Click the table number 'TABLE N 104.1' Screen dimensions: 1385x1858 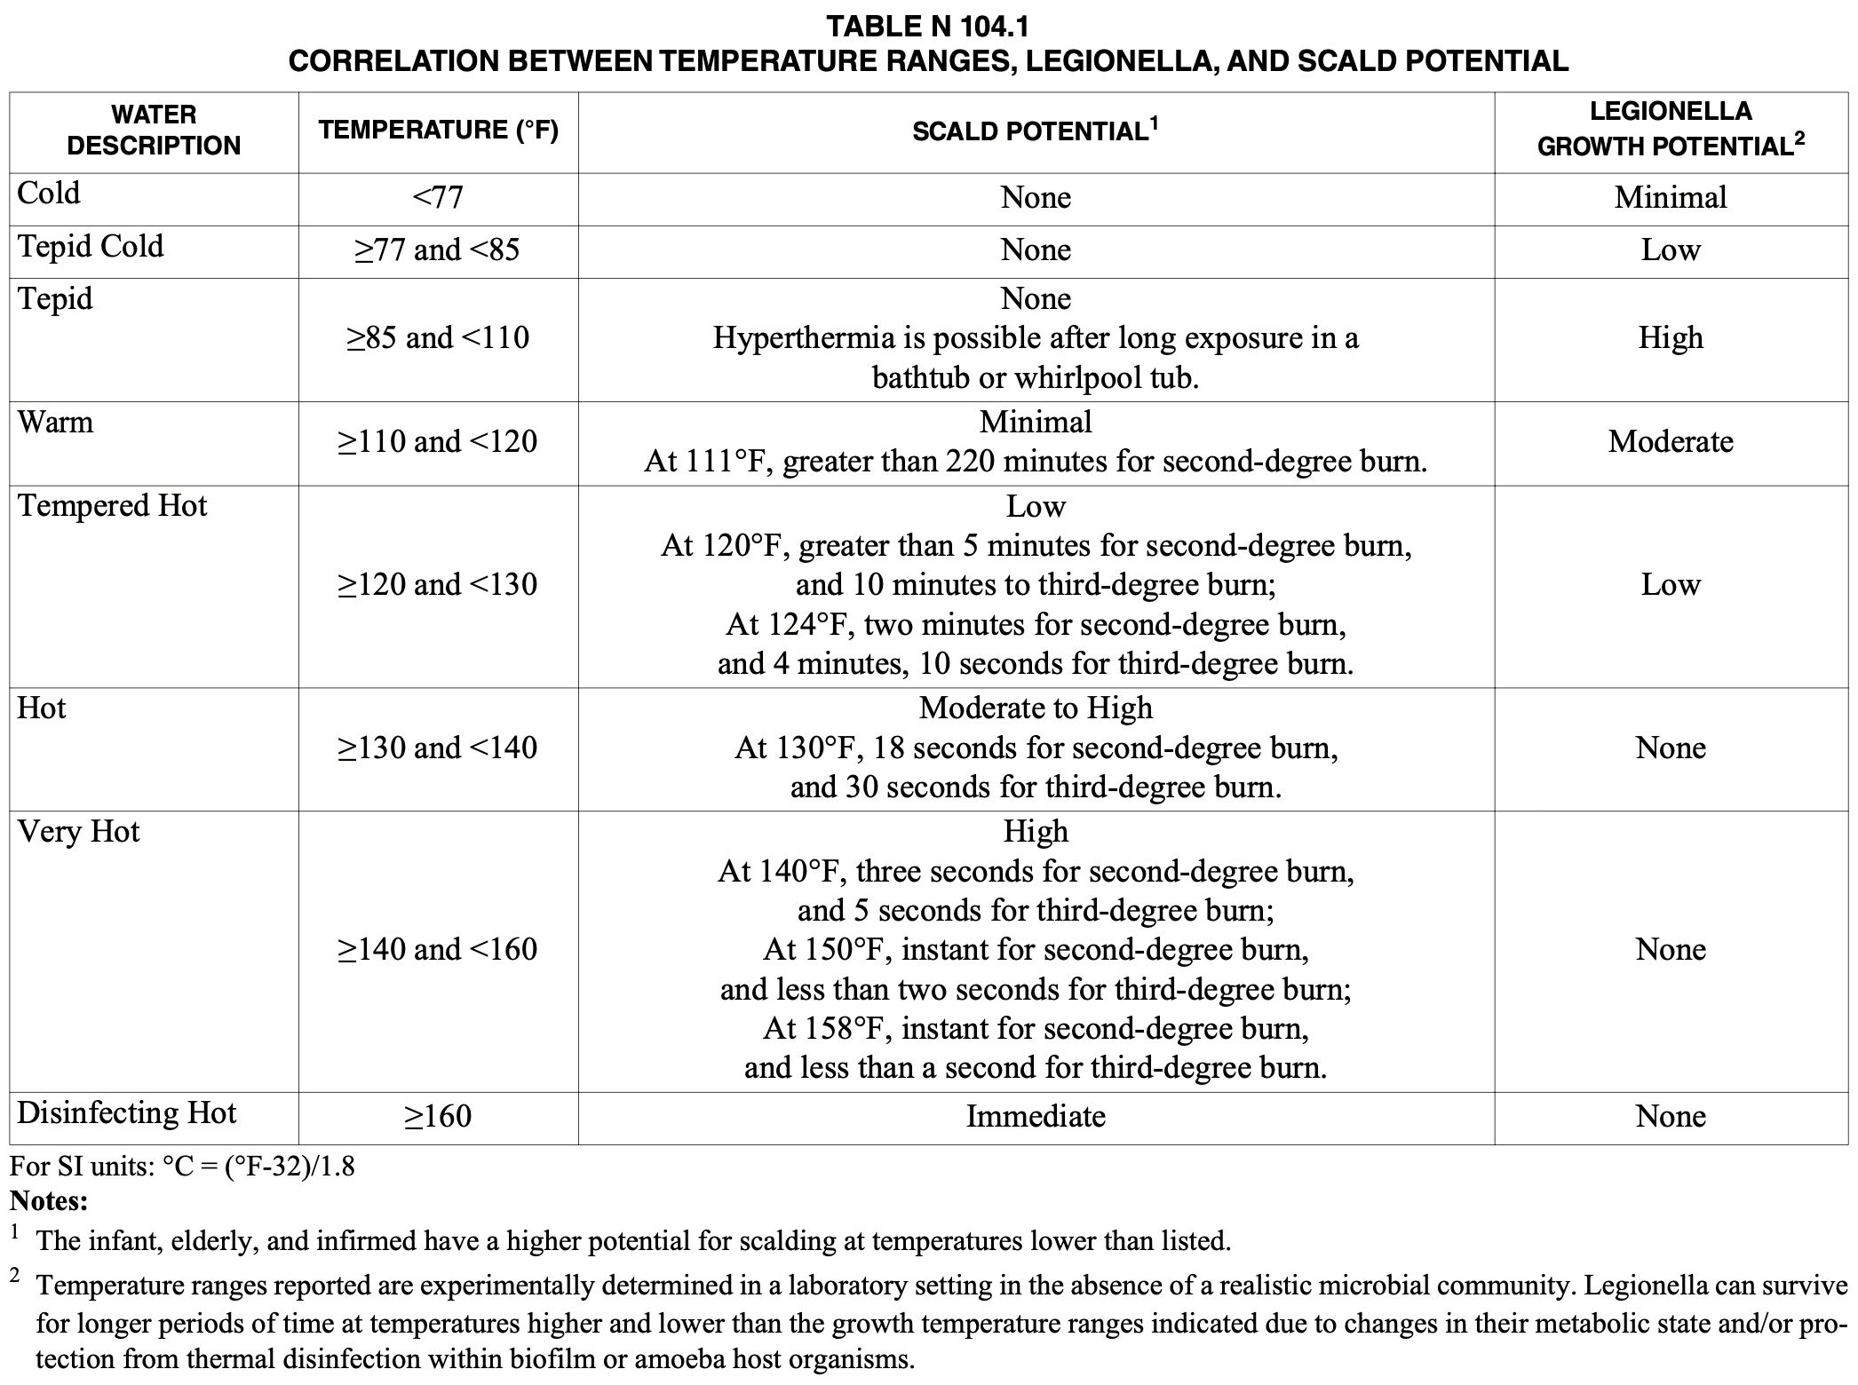pyautogui.click(x=928, y=27)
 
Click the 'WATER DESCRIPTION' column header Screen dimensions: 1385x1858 pyautogui.click(x=154, y=131)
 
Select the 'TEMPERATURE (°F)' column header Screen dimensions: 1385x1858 pyautogui.click(x=439, y=131)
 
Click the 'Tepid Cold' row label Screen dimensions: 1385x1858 pyautogui.click(x=91, y=246)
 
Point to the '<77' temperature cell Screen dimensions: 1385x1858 pyautogui.click(x=438, y=197)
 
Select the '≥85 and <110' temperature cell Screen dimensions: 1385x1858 pyautogui.click(x=438, y=337)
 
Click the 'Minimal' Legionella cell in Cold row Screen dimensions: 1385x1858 pyautogui.click(x=1671, y=197)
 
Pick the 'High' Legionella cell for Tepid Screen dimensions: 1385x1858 pyautogui.click(x=1671, y=337)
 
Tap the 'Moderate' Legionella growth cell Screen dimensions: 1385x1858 pyautogui.click(x=1671, y=441)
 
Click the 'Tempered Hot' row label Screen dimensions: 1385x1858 pyautogui.click(x=112, y=505)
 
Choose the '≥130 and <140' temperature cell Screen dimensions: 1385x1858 pyautogui.click(x=438, y=748)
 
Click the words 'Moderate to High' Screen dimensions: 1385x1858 pyautogui.click(x=1036, y=708)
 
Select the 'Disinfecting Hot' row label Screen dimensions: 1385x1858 pyautogui.click(x=127, y=1112)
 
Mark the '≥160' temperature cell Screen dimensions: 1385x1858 pyautogui.click(x=438, y=1116)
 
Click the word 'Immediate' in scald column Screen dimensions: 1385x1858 pyautogui.click(x=1036, y=1116)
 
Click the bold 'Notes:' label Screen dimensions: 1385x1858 pyautogui.click(x=49, y=1202)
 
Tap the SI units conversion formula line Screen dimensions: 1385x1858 pyautogui.click(x=182, y=1166)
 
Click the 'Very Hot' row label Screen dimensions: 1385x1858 pyautogui.click(x=78, y=832)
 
